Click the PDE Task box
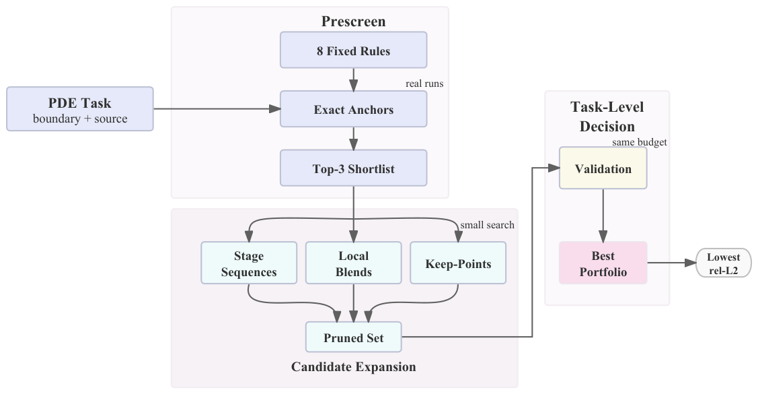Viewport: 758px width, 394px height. pos(80,109)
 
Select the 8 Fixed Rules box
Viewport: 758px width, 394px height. pos(353,50)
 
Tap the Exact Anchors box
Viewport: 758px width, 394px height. pos(353,109)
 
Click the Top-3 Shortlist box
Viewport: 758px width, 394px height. pos(353,168)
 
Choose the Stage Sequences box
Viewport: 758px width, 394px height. pos(249,263)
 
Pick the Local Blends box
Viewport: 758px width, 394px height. pos(353,263)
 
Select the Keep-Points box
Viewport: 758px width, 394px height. pos(458,263)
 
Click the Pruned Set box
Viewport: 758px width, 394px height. pos(353,337)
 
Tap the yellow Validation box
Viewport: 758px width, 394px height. pos(603,168)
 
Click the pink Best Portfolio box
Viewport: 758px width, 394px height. pos(603,263)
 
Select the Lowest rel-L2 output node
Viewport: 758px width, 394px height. pos(724,263)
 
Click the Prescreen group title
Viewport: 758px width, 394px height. pos(353,22)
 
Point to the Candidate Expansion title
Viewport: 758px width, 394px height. pos(353,367)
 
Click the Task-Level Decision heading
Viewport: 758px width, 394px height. pos(607,117)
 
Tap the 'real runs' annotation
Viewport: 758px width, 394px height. pos(424,84)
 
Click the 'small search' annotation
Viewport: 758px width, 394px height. pos(487,225)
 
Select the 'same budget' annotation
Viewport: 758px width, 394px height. pos(640,142)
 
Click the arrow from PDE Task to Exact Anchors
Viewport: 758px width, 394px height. pos(217,109)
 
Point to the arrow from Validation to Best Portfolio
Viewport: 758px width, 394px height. pos(603,216)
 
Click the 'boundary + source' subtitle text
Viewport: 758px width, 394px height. pos(80,119)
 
